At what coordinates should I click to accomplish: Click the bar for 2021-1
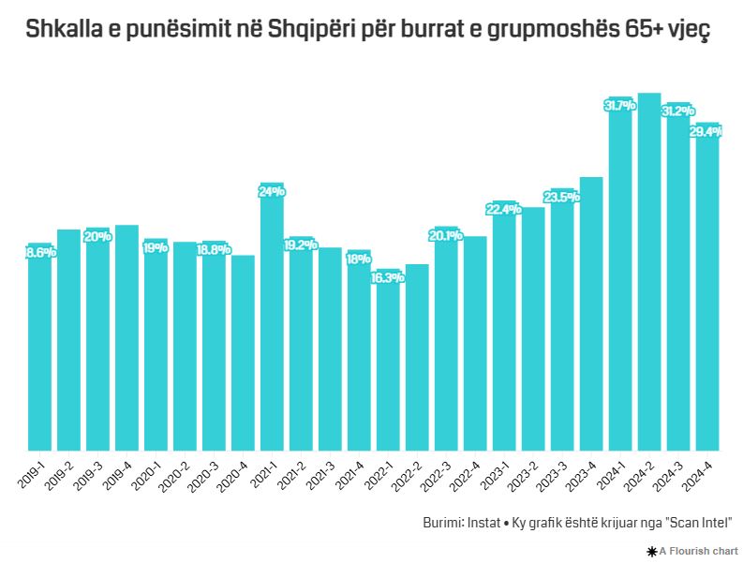[272, 319]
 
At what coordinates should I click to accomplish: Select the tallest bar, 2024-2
[649, 272]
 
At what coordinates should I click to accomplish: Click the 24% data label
[272, 191]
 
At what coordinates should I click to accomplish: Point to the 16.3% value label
[388, 277]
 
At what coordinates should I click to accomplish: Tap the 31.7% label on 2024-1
[620, 105]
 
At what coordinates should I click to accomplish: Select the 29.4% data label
[706, 132]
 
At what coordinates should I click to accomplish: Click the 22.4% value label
[504, 209]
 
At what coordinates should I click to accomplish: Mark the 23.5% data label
[561, 196]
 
